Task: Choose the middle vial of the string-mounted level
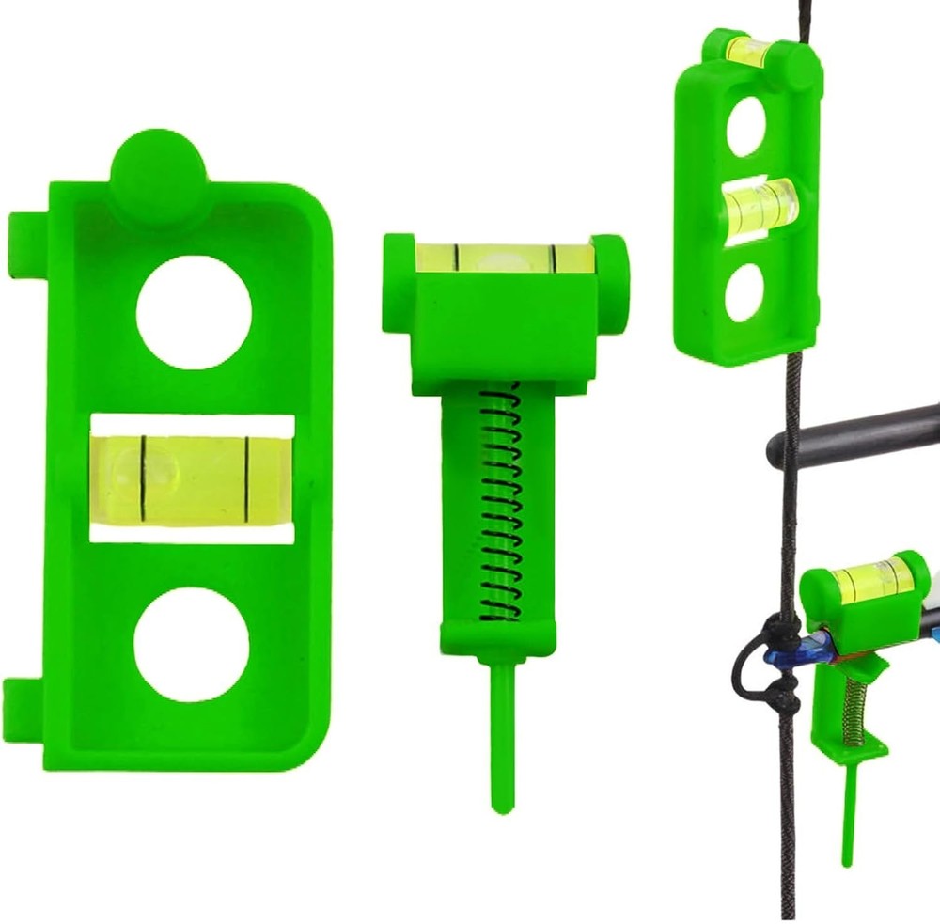(x=760, y=206)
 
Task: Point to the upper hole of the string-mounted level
(x=749, y=126)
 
